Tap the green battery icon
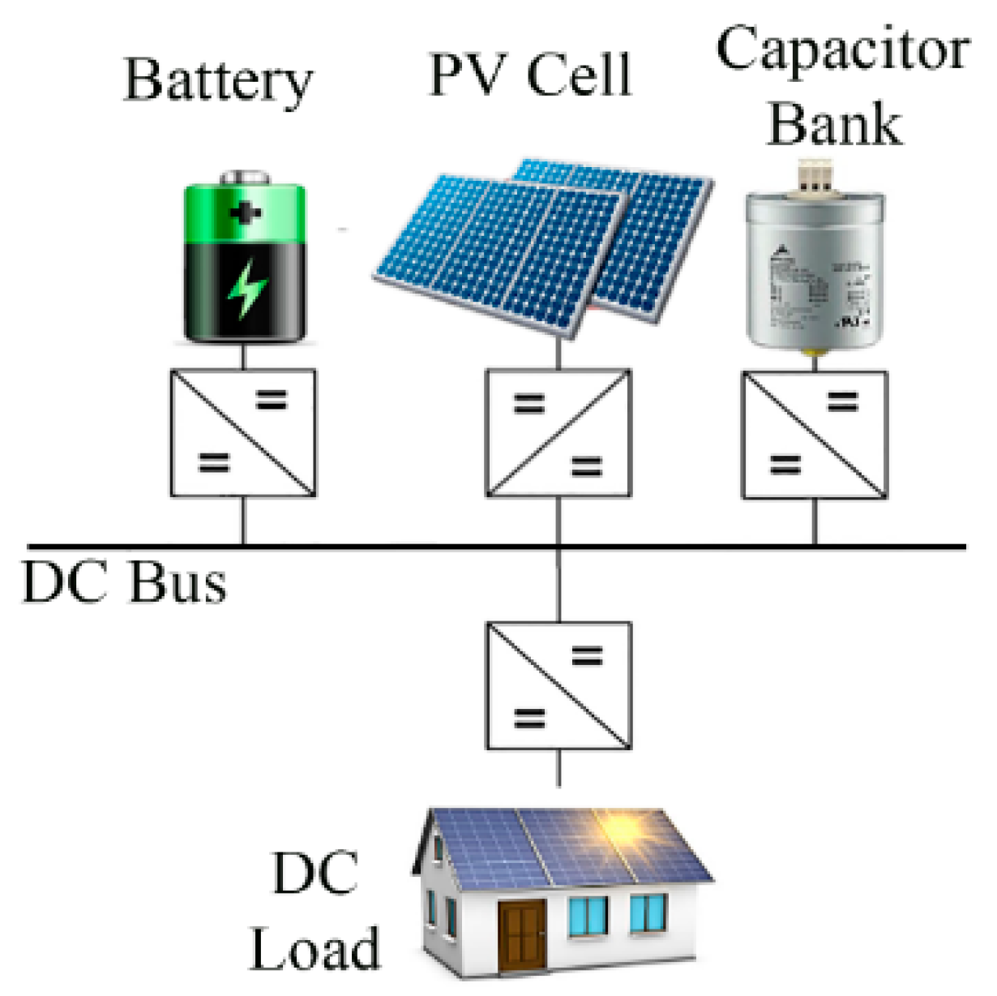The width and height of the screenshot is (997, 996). (245, 260)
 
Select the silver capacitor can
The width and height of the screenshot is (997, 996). (815, 272)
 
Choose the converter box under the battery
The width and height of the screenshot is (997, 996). (243, 433)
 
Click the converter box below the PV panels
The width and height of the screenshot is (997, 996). (558, 433)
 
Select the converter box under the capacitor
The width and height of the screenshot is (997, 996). (815, 435)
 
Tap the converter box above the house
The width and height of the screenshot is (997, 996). (558, 686)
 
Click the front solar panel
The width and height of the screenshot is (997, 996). (503, 251)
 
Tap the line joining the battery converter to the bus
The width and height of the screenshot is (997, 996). (243, 521)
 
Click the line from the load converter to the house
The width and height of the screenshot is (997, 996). (558, 768)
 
